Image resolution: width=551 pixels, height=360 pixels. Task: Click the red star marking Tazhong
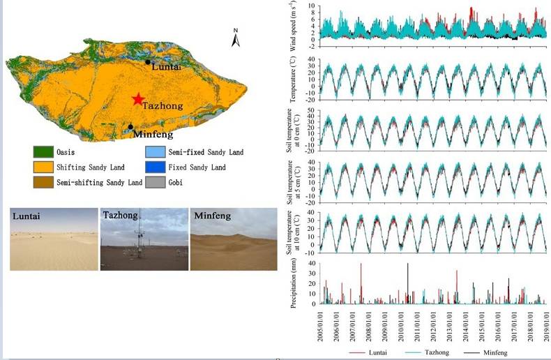(x=138, y=100)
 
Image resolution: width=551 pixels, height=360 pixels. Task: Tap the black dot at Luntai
(x=148, y=62)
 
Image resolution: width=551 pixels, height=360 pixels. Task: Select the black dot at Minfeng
(x=130, y=127)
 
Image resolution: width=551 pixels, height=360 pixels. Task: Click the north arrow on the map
(x=236, y=38)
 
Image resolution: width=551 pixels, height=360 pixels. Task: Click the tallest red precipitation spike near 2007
(x=361, y=265)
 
